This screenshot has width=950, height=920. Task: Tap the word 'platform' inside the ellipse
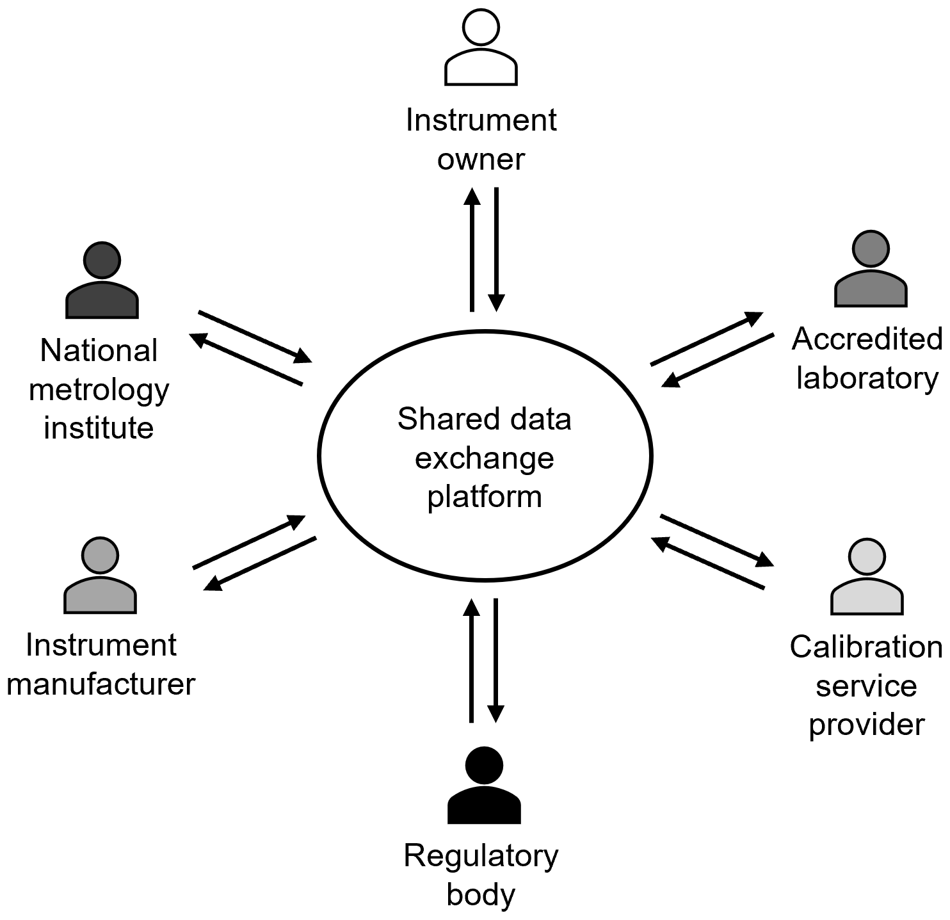point(485,497)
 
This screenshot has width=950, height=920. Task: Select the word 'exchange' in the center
point(485,458)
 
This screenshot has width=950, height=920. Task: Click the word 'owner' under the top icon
point(481,159)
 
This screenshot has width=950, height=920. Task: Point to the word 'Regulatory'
point(481,857)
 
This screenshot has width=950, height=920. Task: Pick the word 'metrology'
point(99,391)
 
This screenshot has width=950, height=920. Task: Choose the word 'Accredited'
point(866,339)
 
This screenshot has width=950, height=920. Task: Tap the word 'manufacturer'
point(101,684)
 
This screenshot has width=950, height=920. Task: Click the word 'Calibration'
point(866,647)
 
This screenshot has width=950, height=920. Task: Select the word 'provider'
point(866,725)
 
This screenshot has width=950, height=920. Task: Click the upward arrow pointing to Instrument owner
point(472,250)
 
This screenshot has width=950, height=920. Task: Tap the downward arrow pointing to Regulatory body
point(495,659)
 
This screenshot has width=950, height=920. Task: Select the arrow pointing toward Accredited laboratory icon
point(707,339)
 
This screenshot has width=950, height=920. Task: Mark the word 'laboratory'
point(866,378)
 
